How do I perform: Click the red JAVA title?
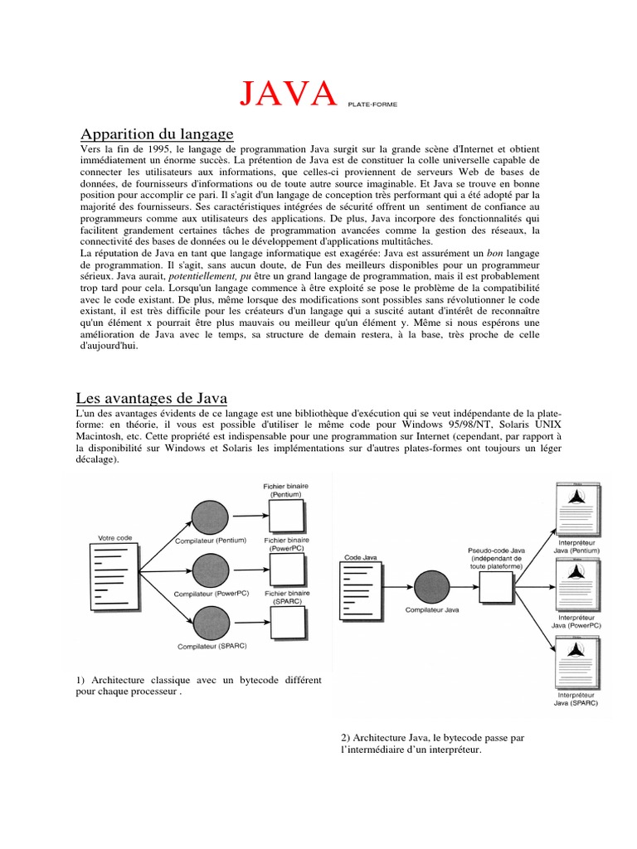click(x=289, y=94)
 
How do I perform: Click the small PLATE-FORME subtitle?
click(x=372, y=104)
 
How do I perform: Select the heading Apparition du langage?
click(x=157, y=133)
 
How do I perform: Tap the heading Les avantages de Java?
click(x=152, y=397)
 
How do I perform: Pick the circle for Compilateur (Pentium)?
click(x=209, y=518)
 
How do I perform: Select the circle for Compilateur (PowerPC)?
click(x=209, y=570)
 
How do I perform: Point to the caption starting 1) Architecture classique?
click(x=198, y=685)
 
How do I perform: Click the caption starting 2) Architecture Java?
click(x=432, y=744)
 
